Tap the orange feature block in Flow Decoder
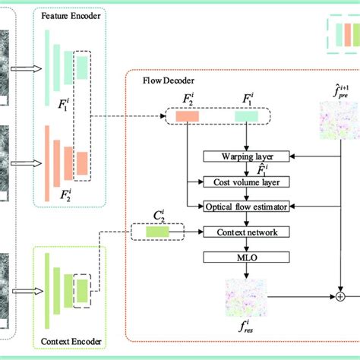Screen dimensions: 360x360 coord(188,116)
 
